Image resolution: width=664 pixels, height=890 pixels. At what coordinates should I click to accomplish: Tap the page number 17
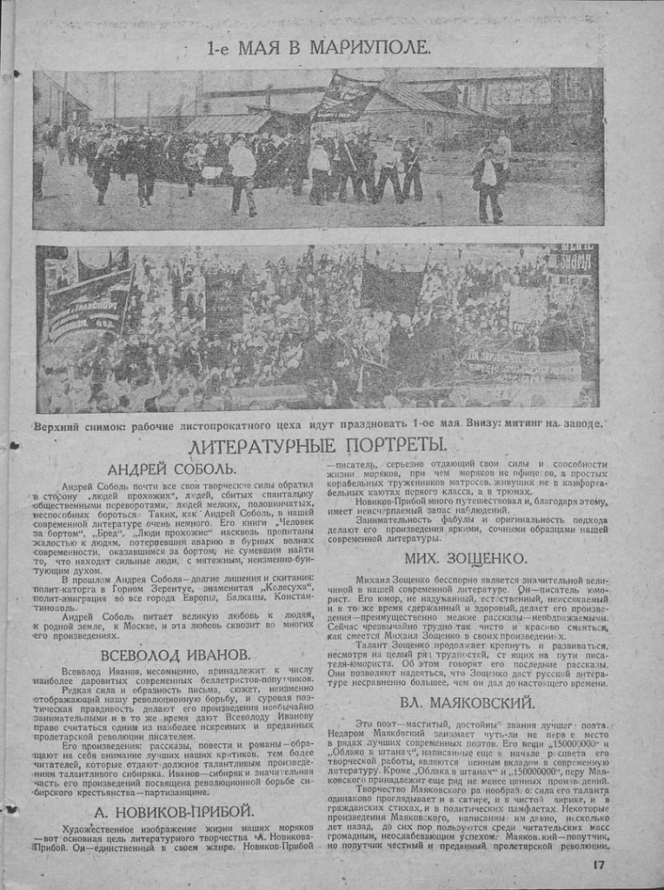(x=599, y=864)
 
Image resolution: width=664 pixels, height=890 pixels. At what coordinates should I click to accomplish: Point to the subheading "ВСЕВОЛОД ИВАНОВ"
(x=175, y=654)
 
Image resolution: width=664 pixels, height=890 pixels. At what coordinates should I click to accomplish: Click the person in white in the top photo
(x=242, y=174)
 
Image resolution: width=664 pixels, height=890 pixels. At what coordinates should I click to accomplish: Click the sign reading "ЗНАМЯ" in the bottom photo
(x=574, y=259)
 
